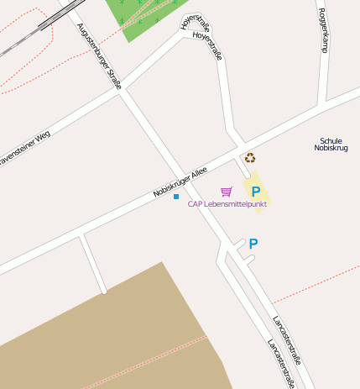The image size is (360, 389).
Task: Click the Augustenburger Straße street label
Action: pyautogui.click(x=99, y=55)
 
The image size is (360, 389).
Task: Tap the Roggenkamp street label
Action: pyautogui.click(x=322, y=30)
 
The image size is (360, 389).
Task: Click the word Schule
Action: pyautogui.click(x=331, y=140)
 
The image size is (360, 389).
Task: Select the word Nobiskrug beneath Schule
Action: pyautogui.click(x=331, y=148)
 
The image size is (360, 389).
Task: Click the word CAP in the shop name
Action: pyautogui.click(x=195, y=204)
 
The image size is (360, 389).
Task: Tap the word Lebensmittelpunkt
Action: pyautogui.click(x=236, y=204)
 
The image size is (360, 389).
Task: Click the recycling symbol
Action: pyautogui.click(x=249, y=157)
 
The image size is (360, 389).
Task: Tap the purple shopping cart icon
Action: pyautogui.click(x=227, y=192)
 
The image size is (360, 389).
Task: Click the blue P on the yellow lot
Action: pyautogui.click(x=256, y=192)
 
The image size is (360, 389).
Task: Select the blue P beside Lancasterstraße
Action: pyautogui.click(x=253, y=244)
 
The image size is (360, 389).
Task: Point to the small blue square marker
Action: pyautogui.click(x=176, y=197)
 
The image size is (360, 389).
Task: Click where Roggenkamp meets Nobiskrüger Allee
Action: pyautogui.click(x=324, y=106)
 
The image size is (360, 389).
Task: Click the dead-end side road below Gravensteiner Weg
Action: pyautogui.click(x=92, y=265)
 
